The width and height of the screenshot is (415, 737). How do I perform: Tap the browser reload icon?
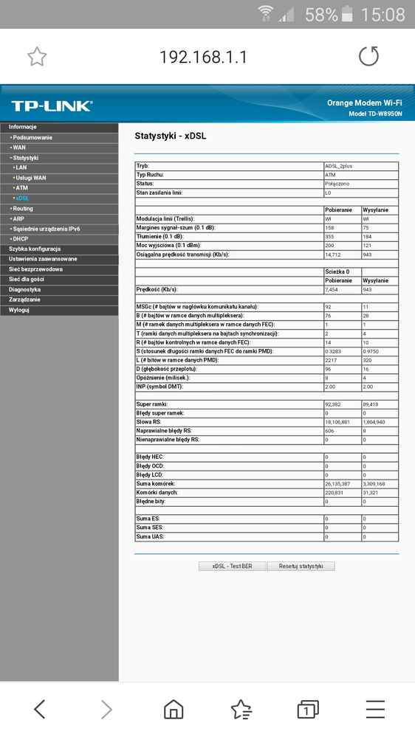point(368,57)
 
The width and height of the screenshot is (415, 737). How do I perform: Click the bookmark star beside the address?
point(37,57)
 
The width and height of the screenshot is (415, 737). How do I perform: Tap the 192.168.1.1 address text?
point(203,57)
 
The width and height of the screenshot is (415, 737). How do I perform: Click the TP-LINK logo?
point(52,105)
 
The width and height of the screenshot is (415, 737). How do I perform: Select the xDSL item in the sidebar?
point(23,198)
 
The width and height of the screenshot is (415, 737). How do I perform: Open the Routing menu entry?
point(23,209)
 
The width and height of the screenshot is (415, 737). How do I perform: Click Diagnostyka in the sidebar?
point(25,289)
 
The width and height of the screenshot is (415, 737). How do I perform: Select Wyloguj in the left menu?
point(20,310)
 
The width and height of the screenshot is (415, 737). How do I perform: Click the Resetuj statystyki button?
point(301,566)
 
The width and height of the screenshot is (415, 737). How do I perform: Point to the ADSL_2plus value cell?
point(341,166)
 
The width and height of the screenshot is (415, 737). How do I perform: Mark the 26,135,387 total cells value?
point(341,483)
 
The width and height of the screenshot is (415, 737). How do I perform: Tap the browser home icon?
point(174,710)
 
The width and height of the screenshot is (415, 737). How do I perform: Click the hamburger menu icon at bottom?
point(375,710)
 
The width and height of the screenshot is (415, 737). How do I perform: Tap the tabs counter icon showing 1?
point(306,710)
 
